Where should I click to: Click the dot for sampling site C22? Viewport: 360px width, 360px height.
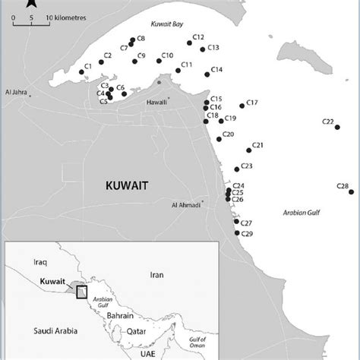tap(338, 128)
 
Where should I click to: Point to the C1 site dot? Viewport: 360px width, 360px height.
tap(81, 72)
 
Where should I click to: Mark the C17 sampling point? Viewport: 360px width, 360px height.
tap(242, 106)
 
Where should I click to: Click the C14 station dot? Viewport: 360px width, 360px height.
tap(206, 74)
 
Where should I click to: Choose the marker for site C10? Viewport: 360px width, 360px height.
tap(158, 61)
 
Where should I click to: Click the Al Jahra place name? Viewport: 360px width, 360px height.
tap(16, 93)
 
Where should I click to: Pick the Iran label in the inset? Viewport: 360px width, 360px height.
tap(156, 274)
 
